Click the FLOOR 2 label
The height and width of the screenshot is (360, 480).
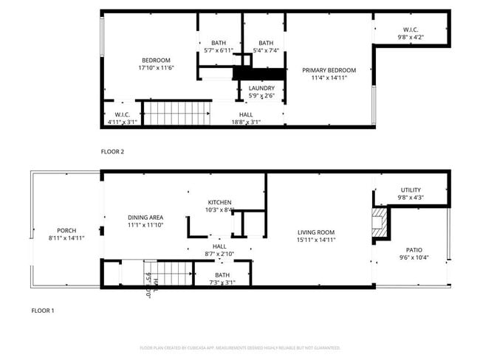coord(112,151)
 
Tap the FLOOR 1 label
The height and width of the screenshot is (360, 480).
coord(42,311)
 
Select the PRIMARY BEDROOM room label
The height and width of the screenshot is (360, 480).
coord(329,71)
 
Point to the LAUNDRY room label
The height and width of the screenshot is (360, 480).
coord(261,89)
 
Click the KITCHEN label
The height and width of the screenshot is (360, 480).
coord(219,202)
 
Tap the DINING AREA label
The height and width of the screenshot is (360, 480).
coord(145,217)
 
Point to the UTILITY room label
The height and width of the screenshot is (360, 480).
coord(411,190)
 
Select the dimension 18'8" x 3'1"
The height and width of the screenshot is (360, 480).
coord(246,122)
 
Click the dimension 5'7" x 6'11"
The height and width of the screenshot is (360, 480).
coord(219,51)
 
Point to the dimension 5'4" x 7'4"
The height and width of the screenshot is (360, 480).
coord(266,51)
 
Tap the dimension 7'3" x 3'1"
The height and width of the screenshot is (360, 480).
coord(222,282)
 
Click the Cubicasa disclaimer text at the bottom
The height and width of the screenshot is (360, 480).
coord(239,347)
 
